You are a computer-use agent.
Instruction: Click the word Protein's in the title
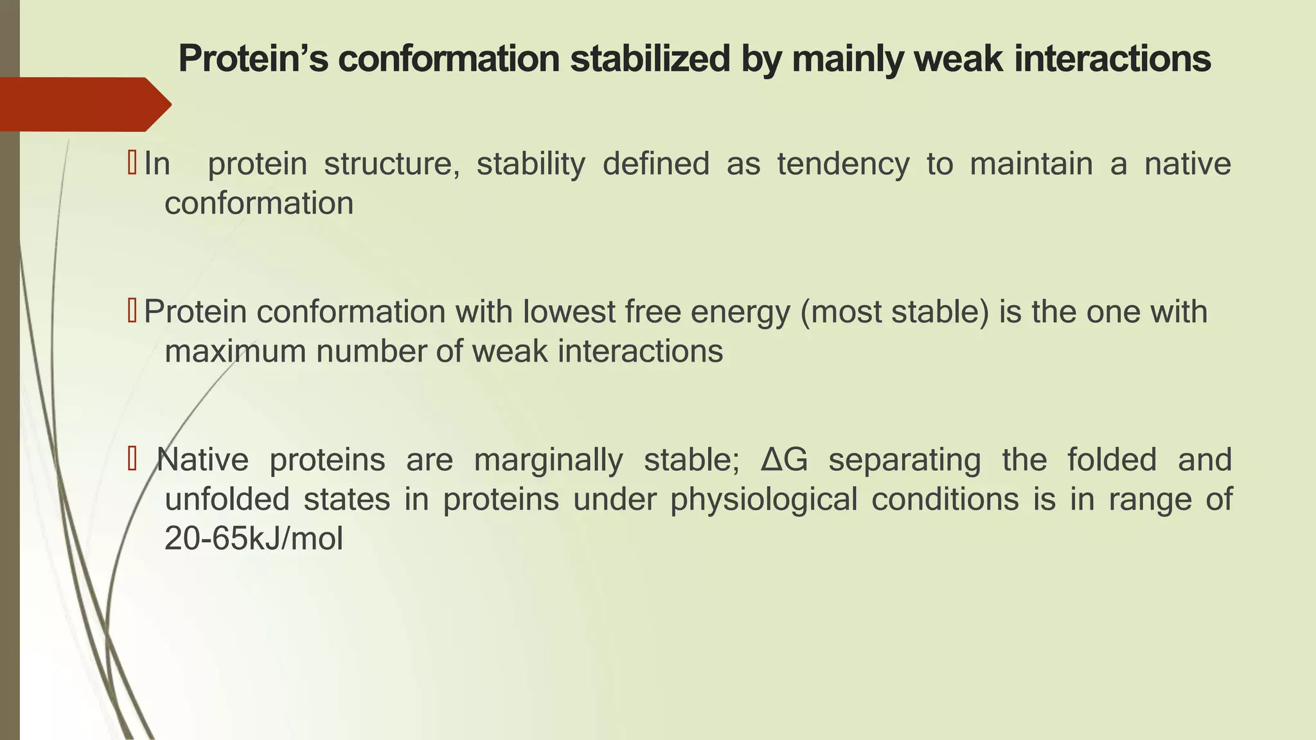(x=253, y=59)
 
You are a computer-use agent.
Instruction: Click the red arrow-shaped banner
(x=84, y=104)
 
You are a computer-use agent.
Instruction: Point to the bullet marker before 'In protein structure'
(x=132, y=163)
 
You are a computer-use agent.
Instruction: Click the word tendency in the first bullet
(x=843, y=164)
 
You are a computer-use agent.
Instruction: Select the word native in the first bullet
(x=1187, y=164)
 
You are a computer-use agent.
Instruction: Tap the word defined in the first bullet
(x=655, y=164)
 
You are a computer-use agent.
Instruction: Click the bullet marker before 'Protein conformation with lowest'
(x=132, y=312)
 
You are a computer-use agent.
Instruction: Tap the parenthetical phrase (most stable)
(x=894, y=312)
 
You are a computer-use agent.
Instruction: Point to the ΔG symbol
(x=784, y=460)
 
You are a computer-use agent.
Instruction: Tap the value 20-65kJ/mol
(x=254, y=539)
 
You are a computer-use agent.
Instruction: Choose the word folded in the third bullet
(x=1112, y=460)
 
